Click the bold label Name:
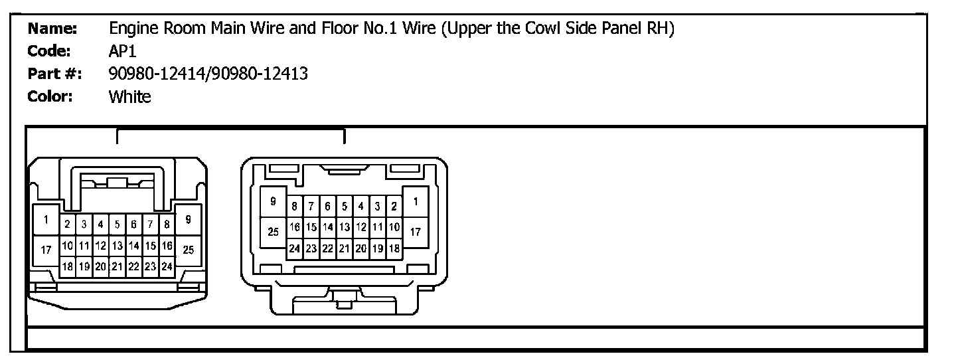coord(53,29)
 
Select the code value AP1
coord(123,52)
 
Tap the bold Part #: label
coord(54,74)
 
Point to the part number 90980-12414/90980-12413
coord(208,74)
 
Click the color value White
coord(129,97)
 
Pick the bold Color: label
coord(50,96)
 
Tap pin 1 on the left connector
coord(46,220)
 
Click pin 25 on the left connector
coord(189,250)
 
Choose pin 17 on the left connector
coord(46,250)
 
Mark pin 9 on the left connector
coord(189,220)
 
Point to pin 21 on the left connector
coord(117,266)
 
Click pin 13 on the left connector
coord(117,246)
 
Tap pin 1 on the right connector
coord(415,201)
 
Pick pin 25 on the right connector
coord(273,232)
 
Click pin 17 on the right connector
coord(415,232)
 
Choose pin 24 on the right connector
coord(294,248)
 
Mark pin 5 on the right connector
coord(345,207)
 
